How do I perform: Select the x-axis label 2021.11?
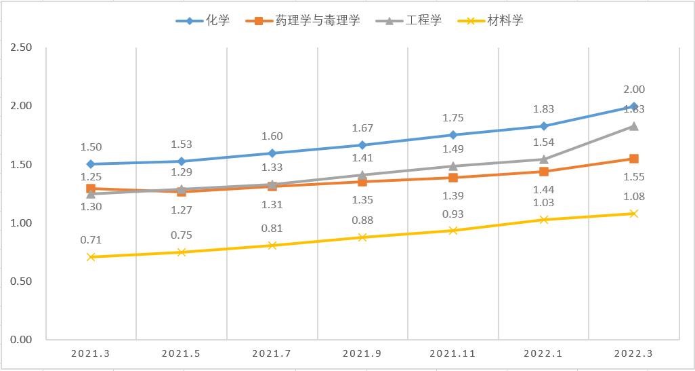click(452, 353)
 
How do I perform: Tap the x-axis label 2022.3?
click(633, 353)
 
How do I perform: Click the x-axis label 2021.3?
click(91, 353)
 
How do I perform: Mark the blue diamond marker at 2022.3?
click(633, 106)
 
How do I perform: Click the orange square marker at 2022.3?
click(633, 159)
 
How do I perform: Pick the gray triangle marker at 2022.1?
click(543, 159)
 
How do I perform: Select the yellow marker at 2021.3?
click(91, 257)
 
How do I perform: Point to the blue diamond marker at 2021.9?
click(362, 145)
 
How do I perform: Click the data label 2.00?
click(633, 90)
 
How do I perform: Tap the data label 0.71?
click(91, 240)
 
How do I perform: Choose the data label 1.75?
click(452, 118)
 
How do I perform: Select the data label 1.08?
click(633, 197)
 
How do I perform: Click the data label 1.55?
click(633, 177)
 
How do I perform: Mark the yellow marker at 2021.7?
click(272, 245)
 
